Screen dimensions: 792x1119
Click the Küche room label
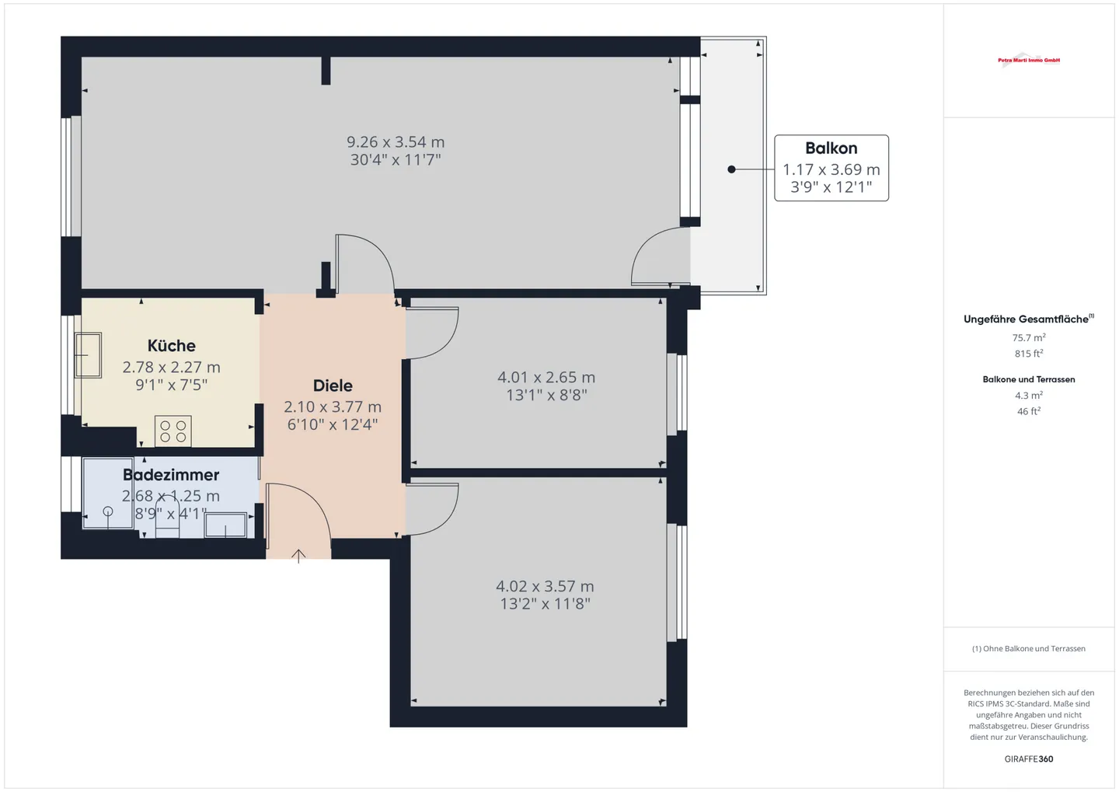pyautogui.click(x=172, y=346)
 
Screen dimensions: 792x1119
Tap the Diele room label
pyautogui.click(x=333, y=386)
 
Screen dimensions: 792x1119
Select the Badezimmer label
pyautogui.click(x=171, y=475)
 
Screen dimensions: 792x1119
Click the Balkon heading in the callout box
pyautogui.click(x=831, y=148)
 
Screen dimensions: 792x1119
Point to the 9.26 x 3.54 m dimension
pyautogui.click(x=396, y=142)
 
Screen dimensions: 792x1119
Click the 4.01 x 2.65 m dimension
pyautogui.click(x=546, y=378)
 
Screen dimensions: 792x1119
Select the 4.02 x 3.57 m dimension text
pyautogui.click(x=545, y=587)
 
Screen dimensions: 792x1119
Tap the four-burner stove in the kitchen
pyautogui.click(x=173, y=431)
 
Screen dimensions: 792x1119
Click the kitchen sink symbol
pyautogui.click(x=88, y=355)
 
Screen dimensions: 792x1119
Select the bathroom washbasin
pyautogui.click(x=225, y=525)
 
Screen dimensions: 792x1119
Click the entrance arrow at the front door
pyautogui.click(x=298, y=555)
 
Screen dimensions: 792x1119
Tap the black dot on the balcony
pyautogui.click(x=731, y=169)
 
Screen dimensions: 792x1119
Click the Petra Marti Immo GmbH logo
pyautogui.click(x=1029, y=60)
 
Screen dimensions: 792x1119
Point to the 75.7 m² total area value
pyautogui.click(x=1028, y=338)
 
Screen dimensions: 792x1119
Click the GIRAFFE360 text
pyautogui.click(x=1028, y=759)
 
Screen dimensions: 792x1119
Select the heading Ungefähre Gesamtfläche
pyautogui.click(x=1026, y=319)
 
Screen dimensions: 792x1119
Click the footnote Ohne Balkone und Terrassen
pyautogui.click(x=1028, y=649)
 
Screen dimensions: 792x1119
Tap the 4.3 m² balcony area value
pyautogui.click(x=1028, y=396)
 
